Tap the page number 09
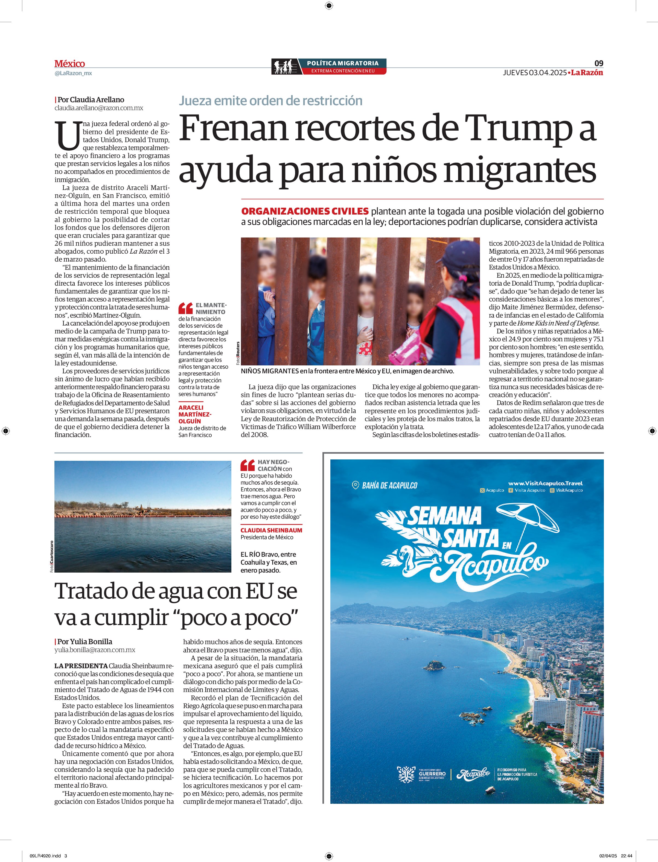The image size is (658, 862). [x=598, y=63]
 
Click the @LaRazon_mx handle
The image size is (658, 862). [x=73, y=73]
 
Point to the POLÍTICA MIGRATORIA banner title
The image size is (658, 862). [x=342, y=63]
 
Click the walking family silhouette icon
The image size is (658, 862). [x=284, y=66]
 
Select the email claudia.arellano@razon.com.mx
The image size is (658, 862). [x=99, y=108]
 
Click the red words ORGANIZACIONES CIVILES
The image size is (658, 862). [x=305, y=211]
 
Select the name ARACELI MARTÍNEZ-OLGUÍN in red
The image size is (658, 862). [x=195, y=414]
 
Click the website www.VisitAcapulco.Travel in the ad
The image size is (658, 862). [x=545, y=483]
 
